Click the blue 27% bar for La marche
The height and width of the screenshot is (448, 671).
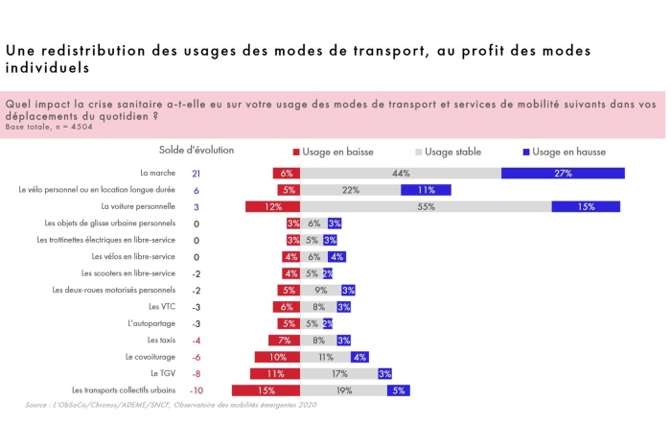563,174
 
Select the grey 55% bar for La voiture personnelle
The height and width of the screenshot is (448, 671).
426,206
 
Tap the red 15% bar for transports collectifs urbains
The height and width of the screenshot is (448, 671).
266,390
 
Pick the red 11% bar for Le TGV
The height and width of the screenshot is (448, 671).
276,373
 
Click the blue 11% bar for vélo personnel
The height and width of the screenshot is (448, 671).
426,190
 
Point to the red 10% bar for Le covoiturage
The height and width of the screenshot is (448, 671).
278,357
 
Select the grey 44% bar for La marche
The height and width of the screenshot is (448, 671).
401,174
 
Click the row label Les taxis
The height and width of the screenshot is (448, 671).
161,341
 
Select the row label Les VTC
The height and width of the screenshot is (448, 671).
162,307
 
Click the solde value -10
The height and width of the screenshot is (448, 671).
196,390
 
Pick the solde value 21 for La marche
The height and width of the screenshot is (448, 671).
196,174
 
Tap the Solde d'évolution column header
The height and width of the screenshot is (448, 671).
196,150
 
